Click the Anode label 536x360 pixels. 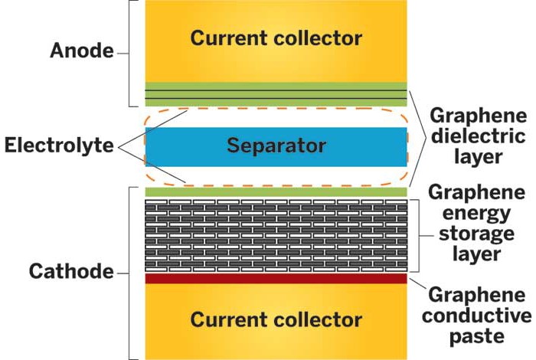pyautogui.click(x=80, y=51)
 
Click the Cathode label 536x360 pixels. pyautogui.click(x=71, y=271)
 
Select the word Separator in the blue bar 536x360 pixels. pyautogui.click(x=276, y=146)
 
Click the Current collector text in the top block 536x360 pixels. pyautogui.click(x=276, y=38)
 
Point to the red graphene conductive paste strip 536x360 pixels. pyautogui.click(x=276, y=279)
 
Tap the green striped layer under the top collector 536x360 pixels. pyautogui.click(x=276, y=94)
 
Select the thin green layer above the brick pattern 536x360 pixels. pyautogui.click(x=276, y=191)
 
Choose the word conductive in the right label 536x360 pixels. pyautogui.click(x=479, y=315)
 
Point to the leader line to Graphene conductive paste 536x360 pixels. pyautogui.click(x=417, y=287)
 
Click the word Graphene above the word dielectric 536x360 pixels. pyautogui.click(x=478, y=116)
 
